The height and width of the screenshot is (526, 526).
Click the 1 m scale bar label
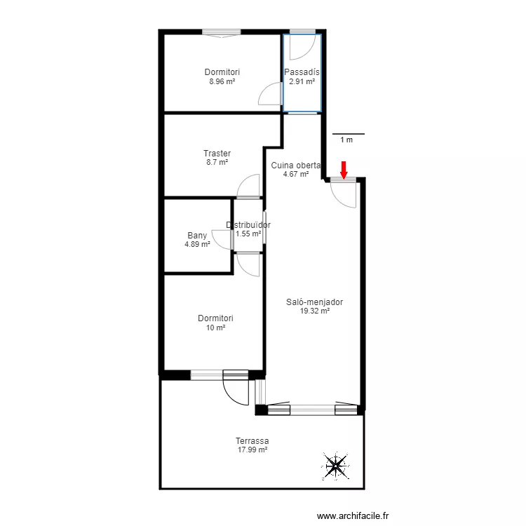[346, 140]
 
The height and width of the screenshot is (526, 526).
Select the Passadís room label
[302, 72]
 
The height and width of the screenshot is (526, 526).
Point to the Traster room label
[217, 154]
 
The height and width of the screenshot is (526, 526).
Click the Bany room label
[197, 236]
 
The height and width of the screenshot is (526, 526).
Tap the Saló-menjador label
[315, 302]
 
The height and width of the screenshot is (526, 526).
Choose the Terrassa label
[252, 441]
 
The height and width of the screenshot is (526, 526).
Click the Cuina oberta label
[295, 166]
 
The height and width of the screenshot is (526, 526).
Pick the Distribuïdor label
[248, 225]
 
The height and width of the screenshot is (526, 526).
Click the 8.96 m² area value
[222, 81]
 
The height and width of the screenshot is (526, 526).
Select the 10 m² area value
[215, 328]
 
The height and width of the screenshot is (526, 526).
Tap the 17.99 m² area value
[252, 450]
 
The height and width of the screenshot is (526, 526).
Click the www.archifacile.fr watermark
[353, 515]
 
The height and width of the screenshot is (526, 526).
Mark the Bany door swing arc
[222, 239]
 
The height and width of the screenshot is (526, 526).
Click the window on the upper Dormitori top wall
[222, 32]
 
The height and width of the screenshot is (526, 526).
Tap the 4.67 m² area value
[295, 175]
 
